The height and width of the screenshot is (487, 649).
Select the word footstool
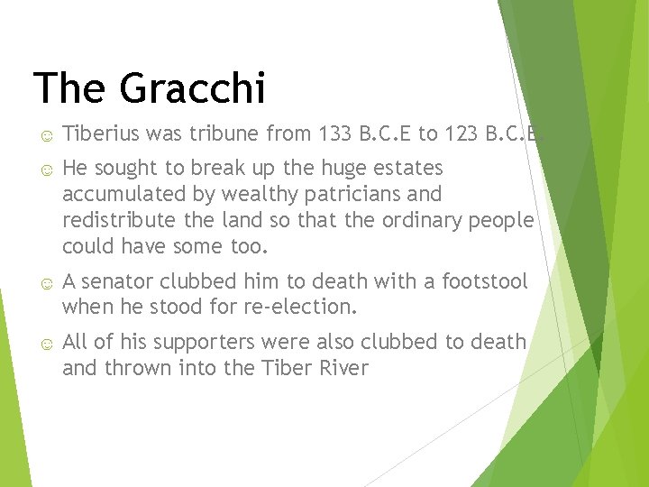(484, 281)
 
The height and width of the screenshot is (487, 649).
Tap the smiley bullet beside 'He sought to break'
(45, 170)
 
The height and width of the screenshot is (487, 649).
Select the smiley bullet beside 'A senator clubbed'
(45, 283)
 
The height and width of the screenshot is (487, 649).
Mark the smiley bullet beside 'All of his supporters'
(45, 344)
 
